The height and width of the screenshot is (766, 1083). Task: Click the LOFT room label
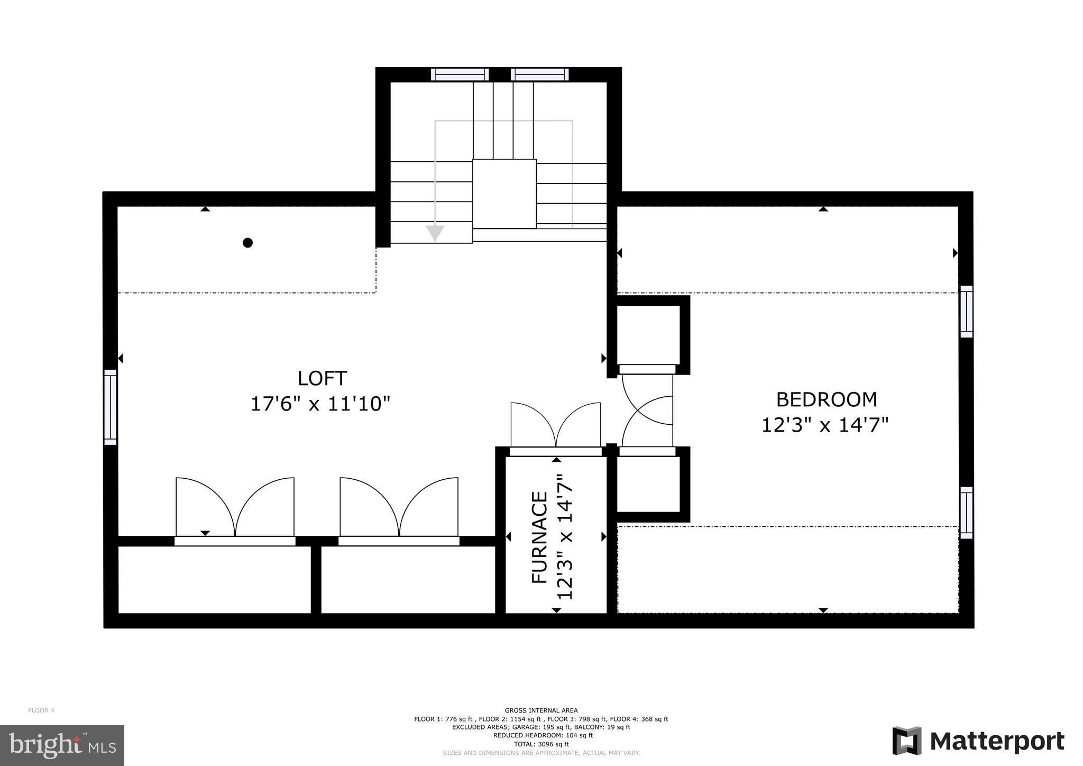click(x=322, y=378)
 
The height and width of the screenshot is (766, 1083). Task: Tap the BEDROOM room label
click(x=826, y=399)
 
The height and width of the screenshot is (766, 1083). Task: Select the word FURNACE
click(x=539, y=537)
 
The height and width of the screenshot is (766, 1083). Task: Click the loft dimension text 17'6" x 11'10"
click(x=320, y=404)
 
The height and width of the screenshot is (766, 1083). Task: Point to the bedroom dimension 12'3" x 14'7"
click(x=824, y=425)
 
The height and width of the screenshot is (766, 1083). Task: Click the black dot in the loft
click(x=247, y=243)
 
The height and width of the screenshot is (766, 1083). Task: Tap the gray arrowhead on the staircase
click(x=435, y=233)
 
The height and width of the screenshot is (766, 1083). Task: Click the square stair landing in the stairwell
click(x=504, y=194)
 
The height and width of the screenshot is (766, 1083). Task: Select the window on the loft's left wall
click(x=110, y=407)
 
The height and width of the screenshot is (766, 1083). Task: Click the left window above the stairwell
click(x=460, y=75)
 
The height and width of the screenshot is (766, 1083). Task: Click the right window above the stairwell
click(x=540, y=75)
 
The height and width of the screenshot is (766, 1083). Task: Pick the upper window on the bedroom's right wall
click(x=966, y=312)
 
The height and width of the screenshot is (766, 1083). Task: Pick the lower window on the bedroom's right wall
click(x=966, y=513)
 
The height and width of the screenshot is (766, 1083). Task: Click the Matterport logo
click(x=978, y=741)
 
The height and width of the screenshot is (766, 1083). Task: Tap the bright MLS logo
click(x=62, y=746)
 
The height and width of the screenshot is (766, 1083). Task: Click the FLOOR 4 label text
click(x=41, y=710)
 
